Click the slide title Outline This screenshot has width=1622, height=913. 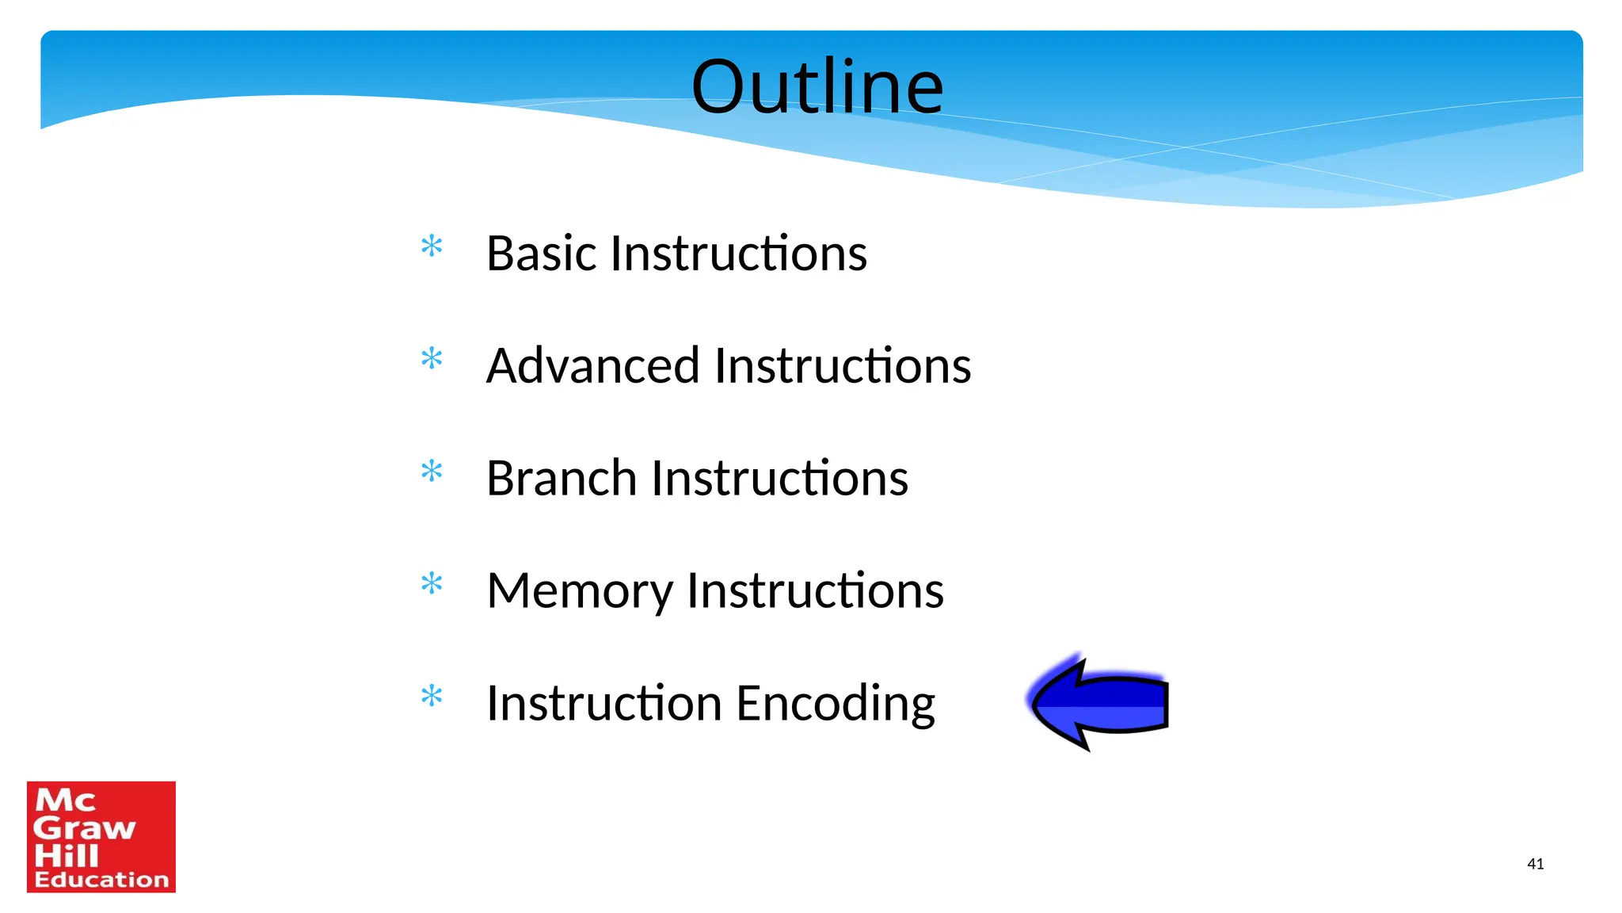[817, 86]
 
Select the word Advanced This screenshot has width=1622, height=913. [593, 366]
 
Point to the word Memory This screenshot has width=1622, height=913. [579, 591]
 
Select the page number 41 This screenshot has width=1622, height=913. [1535, 864]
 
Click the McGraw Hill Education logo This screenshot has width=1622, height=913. [101, 837]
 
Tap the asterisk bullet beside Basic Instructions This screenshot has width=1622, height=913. [432, 246]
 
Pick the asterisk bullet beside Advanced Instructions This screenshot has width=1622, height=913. [432, 359]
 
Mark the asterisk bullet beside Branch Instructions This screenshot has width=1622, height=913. [432, 472]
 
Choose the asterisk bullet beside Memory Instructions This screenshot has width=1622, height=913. [432, 584]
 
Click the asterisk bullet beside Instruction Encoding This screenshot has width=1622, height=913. [432, 697]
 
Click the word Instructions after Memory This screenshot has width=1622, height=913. [815, 591]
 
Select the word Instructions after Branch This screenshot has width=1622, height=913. [779, 479]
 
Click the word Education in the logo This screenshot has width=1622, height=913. [101, 880]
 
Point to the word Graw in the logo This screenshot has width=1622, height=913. [84, 829]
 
